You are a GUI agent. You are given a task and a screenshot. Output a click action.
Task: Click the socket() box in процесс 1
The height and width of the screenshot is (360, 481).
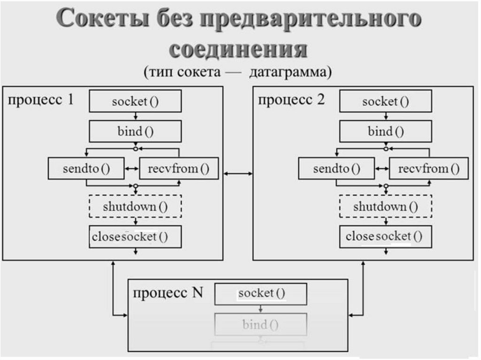coord(135,102)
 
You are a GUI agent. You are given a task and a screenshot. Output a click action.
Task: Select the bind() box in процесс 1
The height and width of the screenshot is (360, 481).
coord(135,131)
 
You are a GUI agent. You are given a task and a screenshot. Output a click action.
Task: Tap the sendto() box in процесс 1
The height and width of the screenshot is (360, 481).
coord(86,169)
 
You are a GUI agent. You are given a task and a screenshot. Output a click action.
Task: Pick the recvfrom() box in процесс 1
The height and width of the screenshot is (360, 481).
coord(179,169)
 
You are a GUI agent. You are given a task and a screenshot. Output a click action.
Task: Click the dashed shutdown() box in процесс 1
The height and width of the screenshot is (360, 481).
coord(135,206)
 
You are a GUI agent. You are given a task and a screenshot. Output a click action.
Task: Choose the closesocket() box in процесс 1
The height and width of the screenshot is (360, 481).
coord(135,237)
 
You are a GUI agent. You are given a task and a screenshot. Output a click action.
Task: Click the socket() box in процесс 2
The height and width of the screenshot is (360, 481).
coord(385,102)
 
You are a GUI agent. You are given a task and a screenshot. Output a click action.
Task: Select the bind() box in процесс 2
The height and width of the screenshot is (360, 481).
coord(385,131)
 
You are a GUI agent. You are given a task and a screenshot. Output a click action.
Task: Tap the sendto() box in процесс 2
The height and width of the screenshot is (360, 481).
coord(336,169)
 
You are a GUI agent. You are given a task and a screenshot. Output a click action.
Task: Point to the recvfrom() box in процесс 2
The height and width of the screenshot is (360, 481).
coord(429,169)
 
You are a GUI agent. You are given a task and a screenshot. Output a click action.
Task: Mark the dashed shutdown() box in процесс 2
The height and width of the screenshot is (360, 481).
coord(385,206)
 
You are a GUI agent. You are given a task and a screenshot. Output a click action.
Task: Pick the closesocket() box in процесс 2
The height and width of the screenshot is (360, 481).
coord(385,237)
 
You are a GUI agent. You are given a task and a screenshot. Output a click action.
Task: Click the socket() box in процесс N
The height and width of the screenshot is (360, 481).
coord(261,294)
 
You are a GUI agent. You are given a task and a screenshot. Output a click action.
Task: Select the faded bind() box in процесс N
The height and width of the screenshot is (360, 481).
coord(261,324)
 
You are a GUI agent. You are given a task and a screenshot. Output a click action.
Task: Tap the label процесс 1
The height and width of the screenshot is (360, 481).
coord(40,100)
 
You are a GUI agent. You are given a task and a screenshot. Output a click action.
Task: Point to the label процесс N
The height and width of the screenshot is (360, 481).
coord(168,293)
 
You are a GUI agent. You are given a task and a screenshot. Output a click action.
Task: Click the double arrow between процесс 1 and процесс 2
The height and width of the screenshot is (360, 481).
coord(238,174)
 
